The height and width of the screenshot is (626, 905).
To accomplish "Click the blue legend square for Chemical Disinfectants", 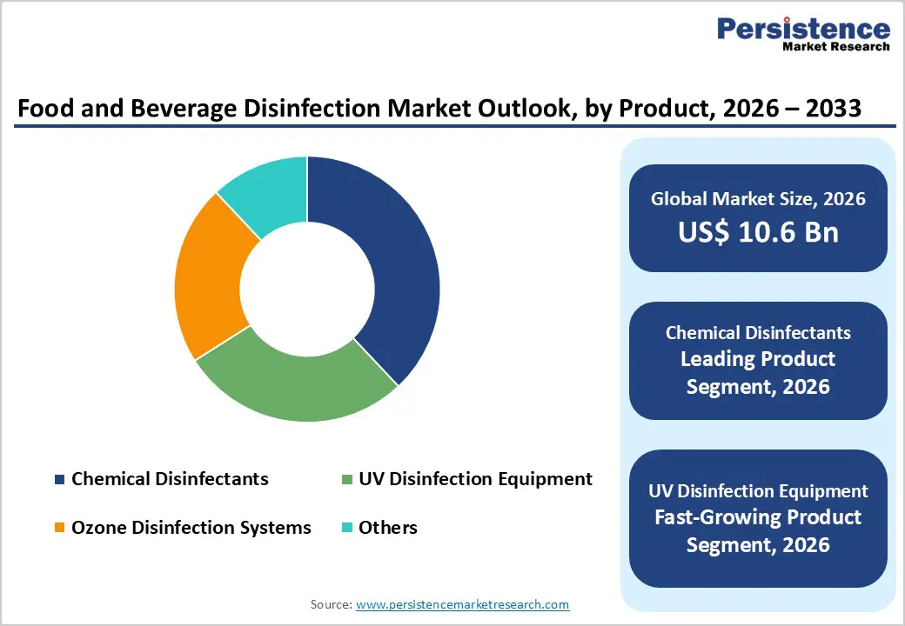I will [x=59, y=479].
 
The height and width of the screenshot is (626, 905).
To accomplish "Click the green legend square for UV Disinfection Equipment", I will [x=346, y=479].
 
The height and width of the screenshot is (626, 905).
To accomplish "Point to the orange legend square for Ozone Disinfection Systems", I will [x=59, y=528].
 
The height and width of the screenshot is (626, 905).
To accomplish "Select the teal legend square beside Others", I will [x=346, y=528].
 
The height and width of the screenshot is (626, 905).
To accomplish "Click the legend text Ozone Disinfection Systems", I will [x=191, y=528].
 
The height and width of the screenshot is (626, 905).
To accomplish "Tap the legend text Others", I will [x=388, y=528].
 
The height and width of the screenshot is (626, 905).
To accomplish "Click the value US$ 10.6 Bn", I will [x=758, y=232].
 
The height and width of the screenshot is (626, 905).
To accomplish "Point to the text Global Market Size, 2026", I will [x=758, y=199].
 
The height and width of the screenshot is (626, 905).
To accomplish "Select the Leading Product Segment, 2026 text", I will [x=758, y=373].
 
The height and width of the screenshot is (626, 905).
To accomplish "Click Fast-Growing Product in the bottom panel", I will [x=758, y=517].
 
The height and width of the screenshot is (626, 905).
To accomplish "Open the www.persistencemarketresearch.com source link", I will [x=462, y=604].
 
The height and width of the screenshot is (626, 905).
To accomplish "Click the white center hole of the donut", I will [x=307, y=290].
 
